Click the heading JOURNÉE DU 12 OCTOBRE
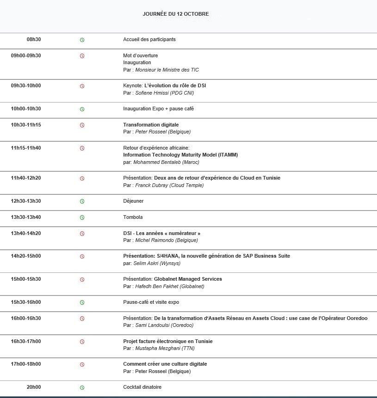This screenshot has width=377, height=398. coord(175,14)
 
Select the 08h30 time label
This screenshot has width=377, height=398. coord(34,40)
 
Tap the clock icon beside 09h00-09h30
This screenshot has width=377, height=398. coord(82,56)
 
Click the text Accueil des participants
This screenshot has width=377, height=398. coord(149,40)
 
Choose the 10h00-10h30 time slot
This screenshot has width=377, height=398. coord(26,109)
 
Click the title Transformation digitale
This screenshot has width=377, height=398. coord(151,125)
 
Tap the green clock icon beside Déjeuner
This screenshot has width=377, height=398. coord(82,201)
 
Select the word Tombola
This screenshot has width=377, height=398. coord(133,217)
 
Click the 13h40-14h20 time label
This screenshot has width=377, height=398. coord(26,234)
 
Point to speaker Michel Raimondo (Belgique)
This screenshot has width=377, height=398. coord(166,241)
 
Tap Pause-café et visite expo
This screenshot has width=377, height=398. coord(151,302)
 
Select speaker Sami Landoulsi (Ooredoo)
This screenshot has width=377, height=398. coord(164,326)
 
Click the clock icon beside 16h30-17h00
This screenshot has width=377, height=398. coord(82,342)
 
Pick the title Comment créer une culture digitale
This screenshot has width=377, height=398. coord(165,364)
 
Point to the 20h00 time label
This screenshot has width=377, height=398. coord(33,387)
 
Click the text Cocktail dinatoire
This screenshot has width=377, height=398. coord(142,387)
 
